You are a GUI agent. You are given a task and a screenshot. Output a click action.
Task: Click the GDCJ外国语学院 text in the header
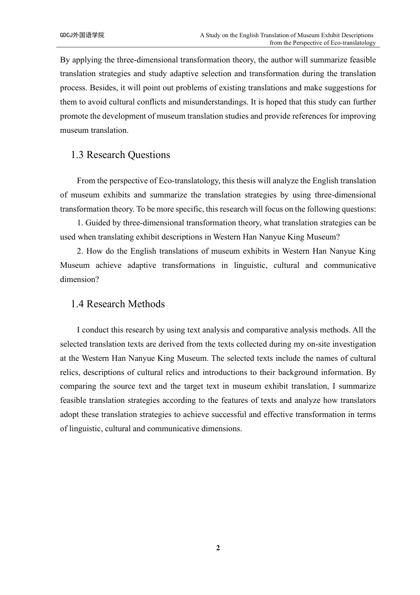coord(82,35)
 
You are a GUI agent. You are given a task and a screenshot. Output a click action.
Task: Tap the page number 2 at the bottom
coord(218,548)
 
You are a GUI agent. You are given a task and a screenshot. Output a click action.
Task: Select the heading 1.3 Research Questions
coord(120,155)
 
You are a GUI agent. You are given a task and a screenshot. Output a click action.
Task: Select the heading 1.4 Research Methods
coord(118,304)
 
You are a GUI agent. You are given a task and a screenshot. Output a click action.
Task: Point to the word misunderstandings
coord(215,102)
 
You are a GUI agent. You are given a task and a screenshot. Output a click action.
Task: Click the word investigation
coord(354,344)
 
